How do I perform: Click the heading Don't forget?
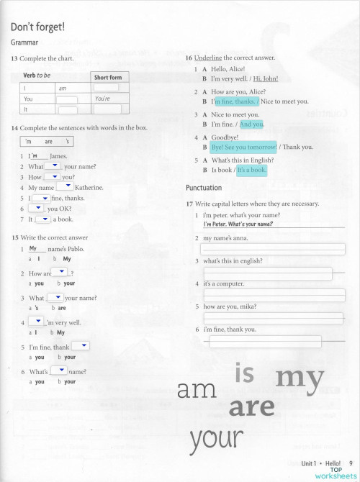pyautogui.click(x=37, y=27)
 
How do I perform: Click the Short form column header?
pyautogui.click(x=107, y=77)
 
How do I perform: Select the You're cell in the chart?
pyautogui.click(x=102, y=99)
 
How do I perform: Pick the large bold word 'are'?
pyautogui.click(x=251, y=408)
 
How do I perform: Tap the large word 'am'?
pyautogui.click(x=197, y=390)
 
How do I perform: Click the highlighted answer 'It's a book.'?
pyautogui.click(x=252, y=170)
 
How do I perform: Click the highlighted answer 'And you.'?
pyautogui.click(x=251, y=124)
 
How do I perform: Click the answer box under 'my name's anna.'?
pyautogui.click(x=272, y=249)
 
